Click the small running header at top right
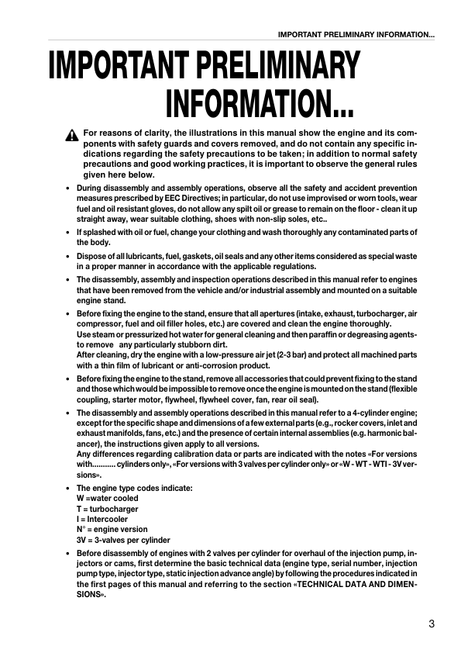356,34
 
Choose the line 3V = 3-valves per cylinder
123,540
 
